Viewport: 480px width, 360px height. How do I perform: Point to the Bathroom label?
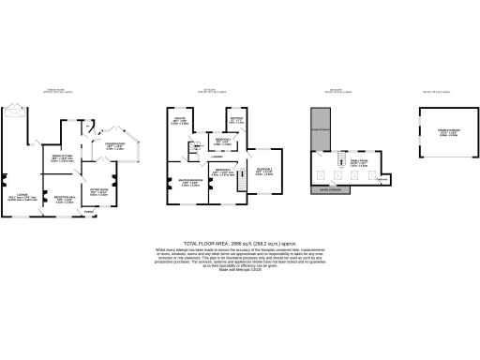(x=237, y=119)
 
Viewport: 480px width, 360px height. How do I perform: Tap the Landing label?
(x=216, y=157)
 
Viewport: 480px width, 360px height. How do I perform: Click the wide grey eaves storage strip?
(x=342, y=187)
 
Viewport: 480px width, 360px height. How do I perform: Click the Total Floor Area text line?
(x=240, y=241)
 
